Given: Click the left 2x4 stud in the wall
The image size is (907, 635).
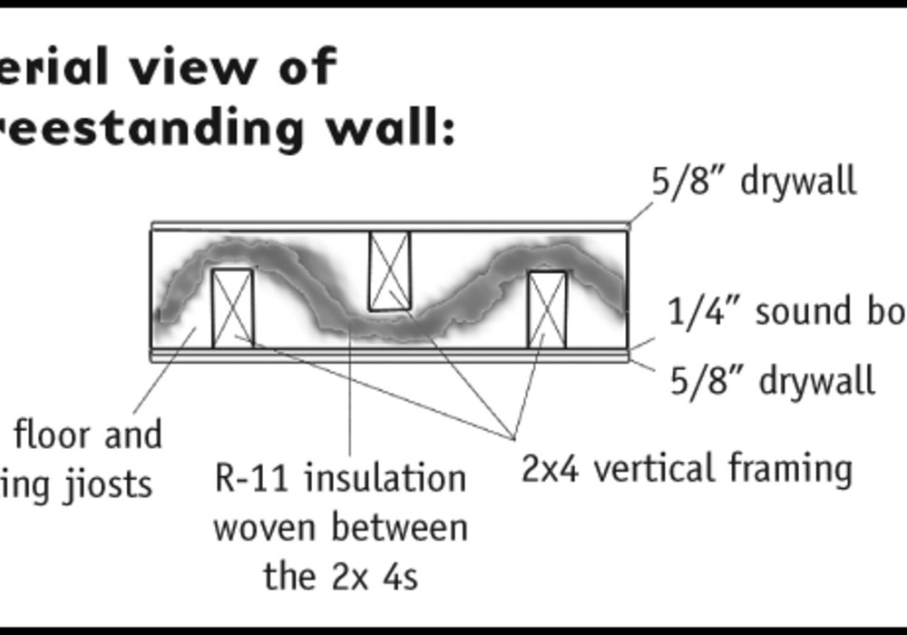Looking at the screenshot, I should pyautogui.click(x=232, y=308).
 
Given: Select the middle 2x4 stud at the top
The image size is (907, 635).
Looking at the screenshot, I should pyautogui.click(x=389, y=270).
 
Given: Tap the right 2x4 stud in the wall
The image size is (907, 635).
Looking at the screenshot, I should pyautogui.click(x=548, y=308).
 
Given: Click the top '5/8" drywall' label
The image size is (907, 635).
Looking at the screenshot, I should pyautogui.click(x=754, y=181).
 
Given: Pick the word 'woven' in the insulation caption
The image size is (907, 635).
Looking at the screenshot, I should pyautogui.click(x=262, y=527).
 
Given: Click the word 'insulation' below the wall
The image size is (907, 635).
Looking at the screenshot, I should pyautogui.click(x=385, y=478).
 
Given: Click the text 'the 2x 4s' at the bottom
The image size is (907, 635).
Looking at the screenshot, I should pyautogui.click(x=340, y=576).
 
